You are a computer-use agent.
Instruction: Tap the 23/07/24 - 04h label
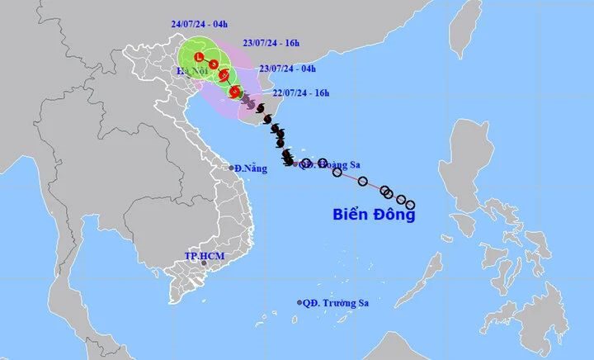point(288,69)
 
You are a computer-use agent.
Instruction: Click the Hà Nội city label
point(190,73)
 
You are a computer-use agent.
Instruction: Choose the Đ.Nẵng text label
point(252,168)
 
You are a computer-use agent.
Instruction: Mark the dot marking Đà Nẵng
point(233,167)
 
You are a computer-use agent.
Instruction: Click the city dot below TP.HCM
point(203,263)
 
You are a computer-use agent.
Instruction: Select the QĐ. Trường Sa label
point(336,303)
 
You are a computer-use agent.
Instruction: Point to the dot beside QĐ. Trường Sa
point(299,303)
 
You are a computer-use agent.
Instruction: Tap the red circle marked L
point(198,57)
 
